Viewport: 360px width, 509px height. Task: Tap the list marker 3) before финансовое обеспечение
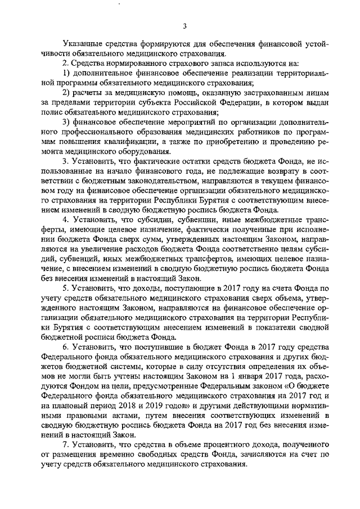click(65, 122)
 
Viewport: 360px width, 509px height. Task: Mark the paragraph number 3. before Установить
click(65, 161)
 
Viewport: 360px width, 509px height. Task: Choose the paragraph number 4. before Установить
click(65, 218)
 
